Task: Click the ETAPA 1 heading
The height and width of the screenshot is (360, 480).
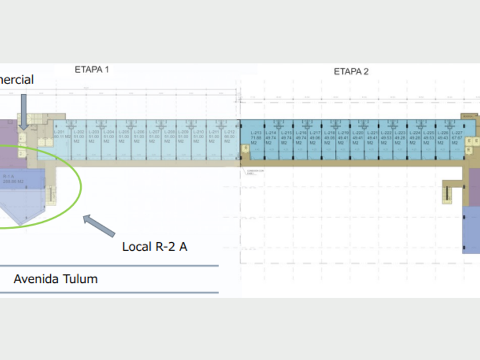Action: pos(91,70)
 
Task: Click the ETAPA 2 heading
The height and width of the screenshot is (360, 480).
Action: pos(351,71)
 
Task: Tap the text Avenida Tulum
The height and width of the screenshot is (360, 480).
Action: pos(55,279)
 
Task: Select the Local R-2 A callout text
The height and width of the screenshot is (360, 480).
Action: pos(155,247)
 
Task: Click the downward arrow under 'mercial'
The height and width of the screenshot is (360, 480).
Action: pos(23,111)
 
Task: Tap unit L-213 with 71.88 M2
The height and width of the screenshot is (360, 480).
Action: pos(255,137)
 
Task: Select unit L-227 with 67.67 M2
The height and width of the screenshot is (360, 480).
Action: pos(457,137)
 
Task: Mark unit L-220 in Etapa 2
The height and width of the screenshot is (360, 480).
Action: pos(358,137)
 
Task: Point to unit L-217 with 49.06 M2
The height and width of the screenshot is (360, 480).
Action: pos(315,137)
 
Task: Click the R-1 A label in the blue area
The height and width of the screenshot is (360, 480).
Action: pos(10,178)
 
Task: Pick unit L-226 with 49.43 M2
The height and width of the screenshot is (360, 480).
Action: pos(443,137)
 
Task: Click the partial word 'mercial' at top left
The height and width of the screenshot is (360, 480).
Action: pos(17,80)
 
